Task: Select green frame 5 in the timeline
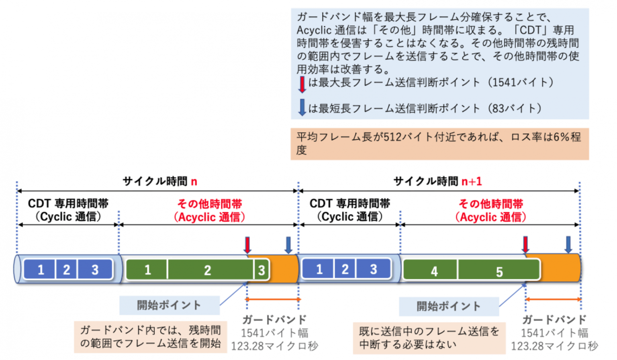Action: [499, 270]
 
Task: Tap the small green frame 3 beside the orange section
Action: [262, 270]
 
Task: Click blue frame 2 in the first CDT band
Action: [66, 269]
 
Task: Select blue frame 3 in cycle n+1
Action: [373, 269]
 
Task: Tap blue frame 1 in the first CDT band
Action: [40, 269]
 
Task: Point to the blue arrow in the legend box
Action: [302, 108]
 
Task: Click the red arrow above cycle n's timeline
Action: [247, 245]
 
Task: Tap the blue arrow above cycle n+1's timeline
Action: [568, 245]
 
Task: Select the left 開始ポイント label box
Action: [169, 305]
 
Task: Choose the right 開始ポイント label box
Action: [449, 307]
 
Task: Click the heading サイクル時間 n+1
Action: [437, 181]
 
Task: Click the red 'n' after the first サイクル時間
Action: [194, 182]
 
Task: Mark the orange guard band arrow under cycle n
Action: [273, 299]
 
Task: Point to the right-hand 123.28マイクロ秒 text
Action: [554, 346]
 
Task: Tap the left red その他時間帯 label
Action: [210, 204]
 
